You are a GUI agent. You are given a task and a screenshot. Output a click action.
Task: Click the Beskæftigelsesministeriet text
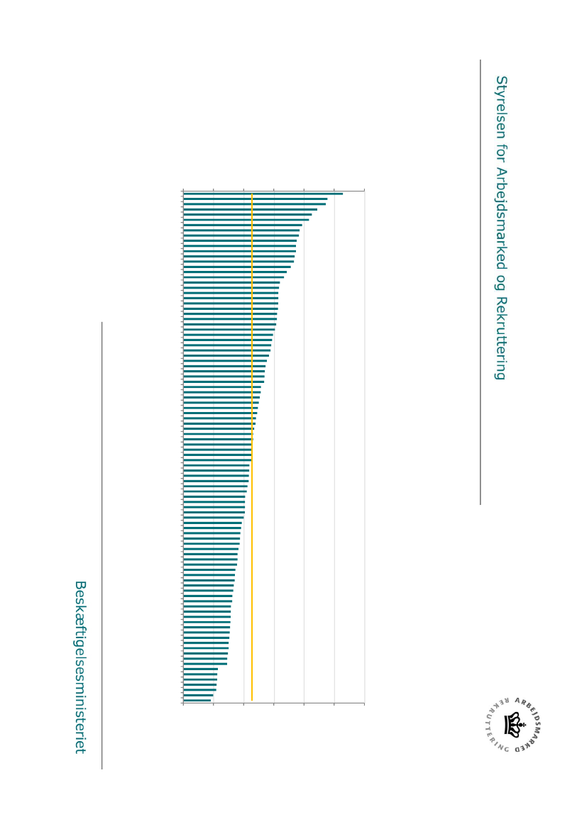80,667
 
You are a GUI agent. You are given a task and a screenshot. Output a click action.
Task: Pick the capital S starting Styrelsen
501,80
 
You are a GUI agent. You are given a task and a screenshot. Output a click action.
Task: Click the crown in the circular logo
513,725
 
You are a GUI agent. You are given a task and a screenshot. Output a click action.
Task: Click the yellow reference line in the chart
252,447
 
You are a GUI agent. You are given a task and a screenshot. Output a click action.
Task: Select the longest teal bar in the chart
263,194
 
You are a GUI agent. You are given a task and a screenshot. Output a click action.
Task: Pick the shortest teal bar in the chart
197,701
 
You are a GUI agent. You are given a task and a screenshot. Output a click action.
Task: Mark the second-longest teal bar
255,199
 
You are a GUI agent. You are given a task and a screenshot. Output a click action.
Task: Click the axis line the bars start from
183,447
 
